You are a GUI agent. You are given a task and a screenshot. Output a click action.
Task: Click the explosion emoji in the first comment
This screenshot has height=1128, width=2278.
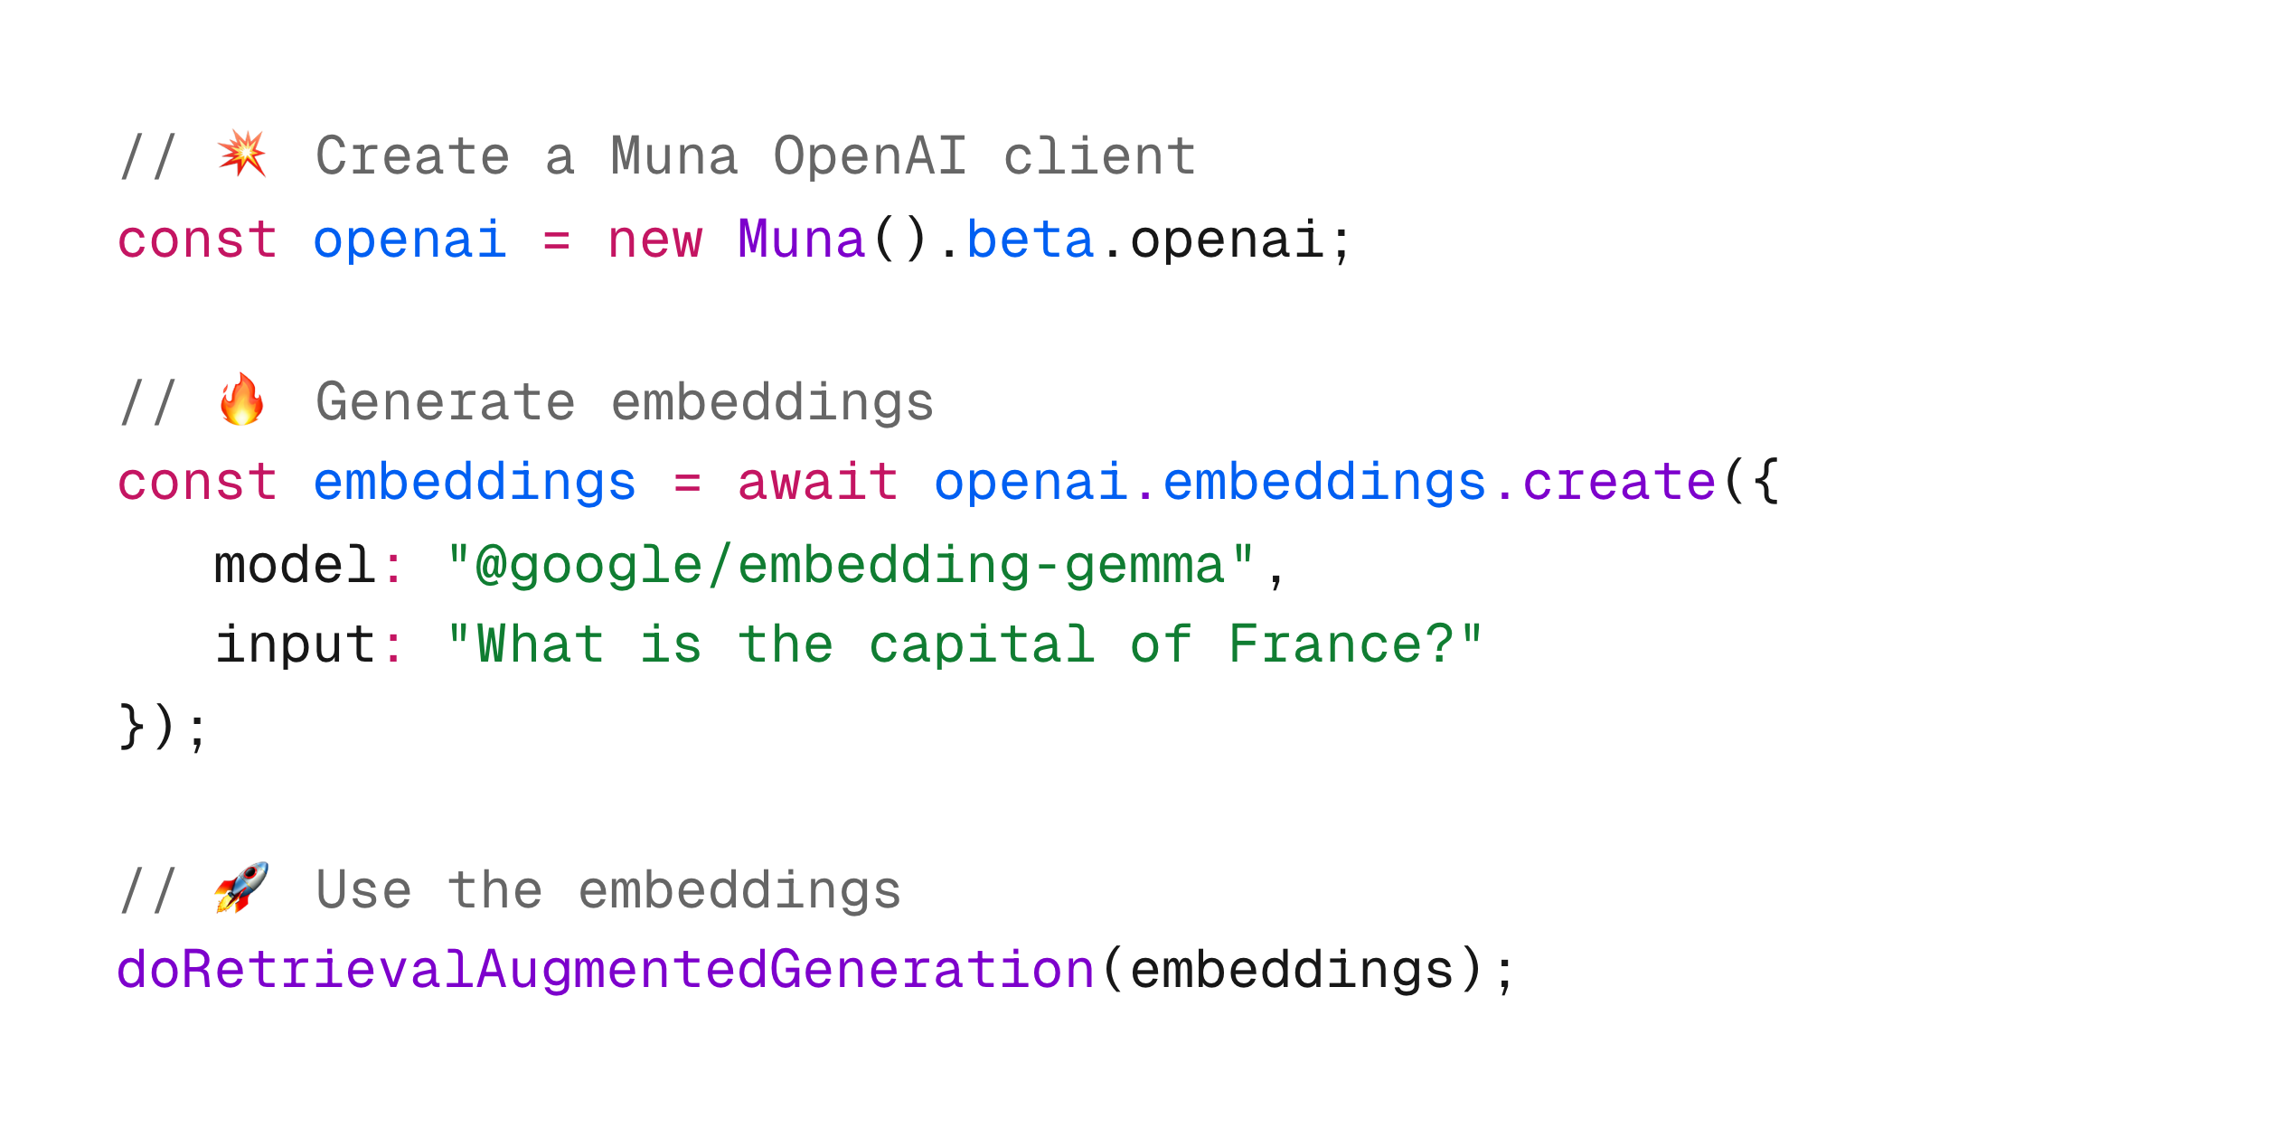tap(241, 153)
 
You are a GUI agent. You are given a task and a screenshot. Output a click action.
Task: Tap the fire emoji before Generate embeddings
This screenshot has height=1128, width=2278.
tap(241, 399)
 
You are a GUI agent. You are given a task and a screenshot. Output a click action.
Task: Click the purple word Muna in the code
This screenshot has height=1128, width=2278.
tap(801, 240)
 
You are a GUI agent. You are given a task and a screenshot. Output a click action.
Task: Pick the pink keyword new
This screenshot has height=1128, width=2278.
tap(654, 240)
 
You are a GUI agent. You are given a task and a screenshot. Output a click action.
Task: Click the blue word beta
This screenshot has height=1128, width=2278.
tap(1030, 240)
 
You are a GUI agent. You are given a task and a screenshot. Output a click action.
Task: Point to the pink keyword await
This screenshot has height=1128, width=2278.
tap(817, 482)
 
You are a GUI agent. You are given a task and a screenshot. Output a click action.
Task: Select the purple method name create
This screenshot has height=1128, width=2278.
tap(1619, 482)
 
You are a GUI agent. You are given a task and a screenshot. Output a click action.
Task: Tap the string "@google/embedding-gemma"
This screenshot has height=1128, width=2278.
tap(851, 566)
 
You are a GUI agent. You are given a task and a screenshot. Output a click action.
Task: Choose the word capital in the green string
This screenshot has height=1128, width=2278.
tap(982, 644)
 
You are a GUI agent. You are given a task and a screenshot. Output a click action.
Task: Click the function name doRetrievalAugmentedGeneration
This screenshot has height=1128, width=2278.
tap(606, 970)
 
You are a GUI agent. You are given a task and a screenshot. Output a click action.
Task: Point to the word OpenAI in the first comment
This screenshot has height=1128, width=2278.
tap(870, 155)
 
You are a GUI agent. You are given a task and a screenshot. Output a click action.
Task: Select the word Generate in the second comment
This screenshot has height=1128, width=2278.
tap(445, 402)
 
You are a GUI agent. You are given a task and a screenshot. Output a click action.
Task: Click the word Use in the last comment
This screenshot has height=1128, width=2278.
tap(363, 890)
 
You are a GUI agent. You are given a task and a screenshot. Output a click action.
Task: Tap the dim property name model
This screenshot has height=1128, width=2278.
tap(295, 566)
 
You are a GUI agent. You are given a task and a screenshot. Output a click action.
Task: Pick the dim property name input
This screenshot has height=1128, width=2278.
tap(295, 644)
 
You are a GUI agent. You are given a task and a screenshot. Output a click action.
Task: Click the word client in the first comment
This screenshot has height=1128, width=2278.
tap(1099, 155)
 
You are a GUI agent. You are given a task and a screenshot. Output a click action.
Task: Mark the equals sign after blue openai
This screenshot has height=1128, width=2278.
tap(556, 241)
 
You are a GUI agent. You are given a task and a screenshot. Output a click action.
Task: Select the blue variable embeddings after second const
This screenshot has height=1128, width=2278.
tap(475, 482)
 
